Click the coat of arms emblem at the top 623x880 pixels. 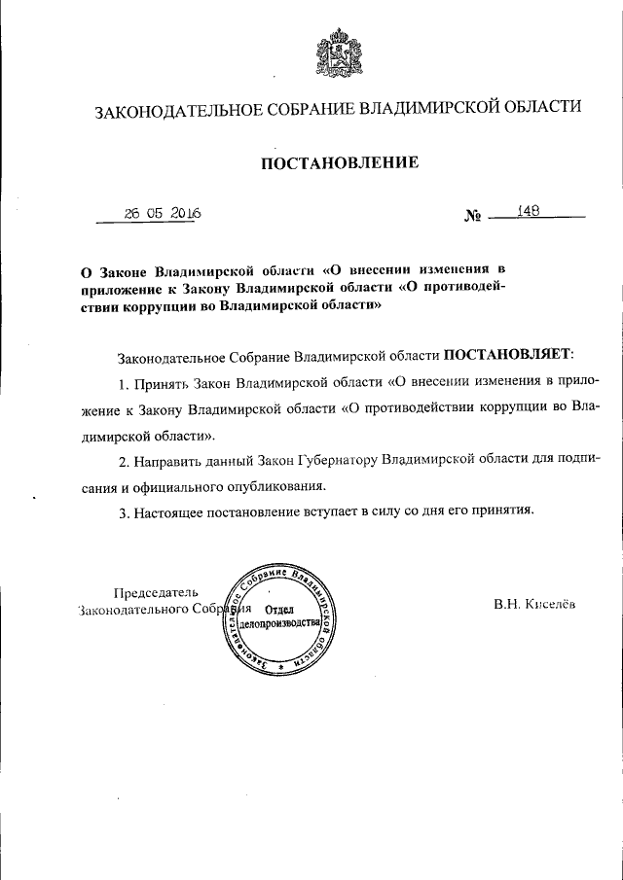336,53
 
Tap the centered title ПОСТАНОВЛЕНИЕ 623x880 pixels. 339,163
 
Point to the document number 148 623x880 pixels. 530,210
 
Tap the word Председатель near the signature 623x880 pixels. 156,592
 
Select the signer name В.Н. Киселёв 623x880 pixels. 534,604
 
